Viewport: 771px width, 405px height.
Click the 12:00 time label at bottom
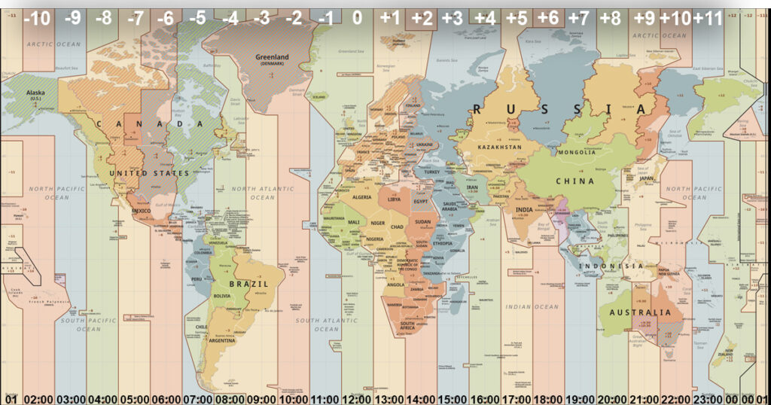coord(357,399)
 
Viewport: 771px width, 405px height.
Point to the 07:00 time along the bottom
coord(197,399)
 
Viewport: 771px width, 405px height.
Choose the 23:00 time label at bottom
coord(710,399)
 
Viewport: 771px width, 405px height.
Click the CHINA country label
coord(575,181)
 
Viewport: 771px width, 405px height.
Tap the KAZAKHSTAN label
coord(498,148)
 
